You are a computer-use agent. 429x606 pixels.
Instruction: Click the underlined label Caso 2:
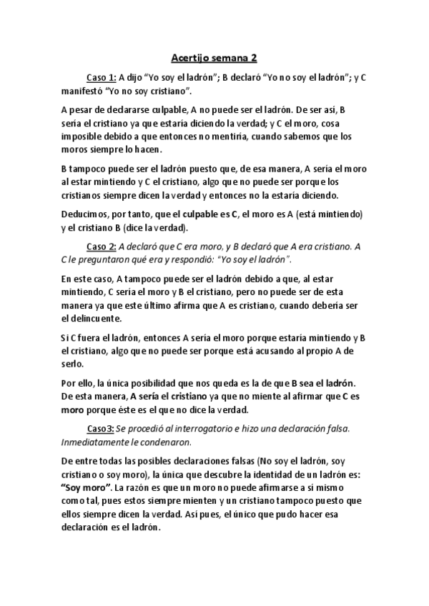click(102, 247)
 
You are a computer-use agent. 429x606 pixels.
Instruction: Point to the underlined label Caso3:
click(100, 428)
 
